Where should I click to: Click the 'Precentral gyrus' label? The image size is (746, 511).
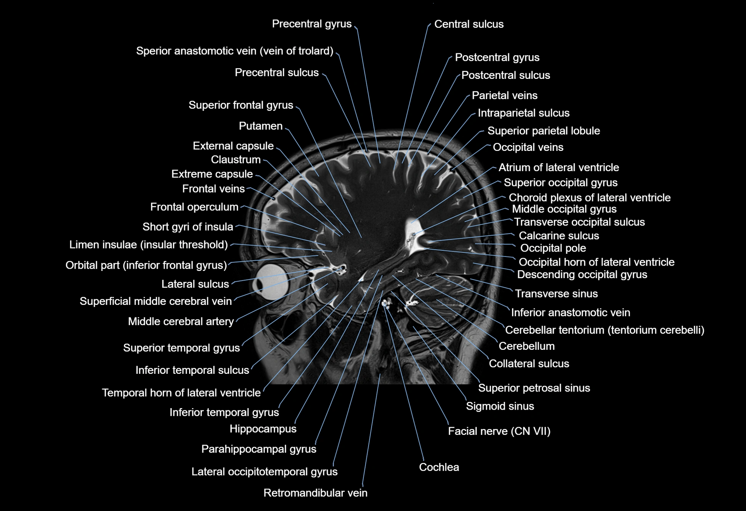click(311, 24)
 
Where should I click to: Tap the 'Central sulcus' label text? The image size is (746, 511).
click(468, 24)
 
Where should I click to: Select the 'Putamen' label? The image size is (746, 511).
click(261, 126)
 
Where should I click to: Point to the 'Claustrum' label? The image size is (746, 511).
click(236, 160)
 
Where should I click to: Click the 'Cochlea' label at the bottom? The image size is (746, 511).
click(439, 467)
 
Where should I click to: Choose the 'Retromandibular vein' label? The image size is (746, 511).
click(315, 493)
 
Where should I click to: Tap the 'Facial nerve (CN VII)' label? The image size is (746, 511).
click(499, 431)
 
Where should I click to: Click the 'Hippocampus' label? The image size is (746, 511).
click(263, 429)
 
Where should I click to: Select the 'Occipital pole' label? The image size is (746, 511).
click(553, 248)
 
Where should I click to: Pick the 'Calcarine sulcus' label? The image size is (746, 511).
click(558, 236)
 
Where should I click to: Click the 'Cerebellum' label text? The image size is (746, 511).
click(526, 346)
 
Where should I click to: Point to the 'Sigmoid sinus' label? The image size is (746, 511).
click(500, 406)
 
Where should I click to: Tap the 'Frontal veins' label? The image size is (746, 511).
click(213, 189)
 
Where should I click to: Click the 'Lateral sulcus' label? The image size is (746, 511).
click(195, 284)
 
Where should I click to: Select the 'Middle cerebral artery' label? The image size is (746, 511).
click(181, 322)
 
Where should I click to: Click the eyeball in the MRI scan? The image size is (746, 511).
click(272, 283)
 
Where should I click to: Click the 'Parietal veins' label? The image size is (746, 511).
click(504, 96)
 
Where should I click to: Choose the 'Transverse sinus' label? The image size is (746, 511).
click(556, 294)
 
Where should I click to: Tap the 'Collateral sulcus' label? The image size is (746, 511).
click(529, 364)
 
